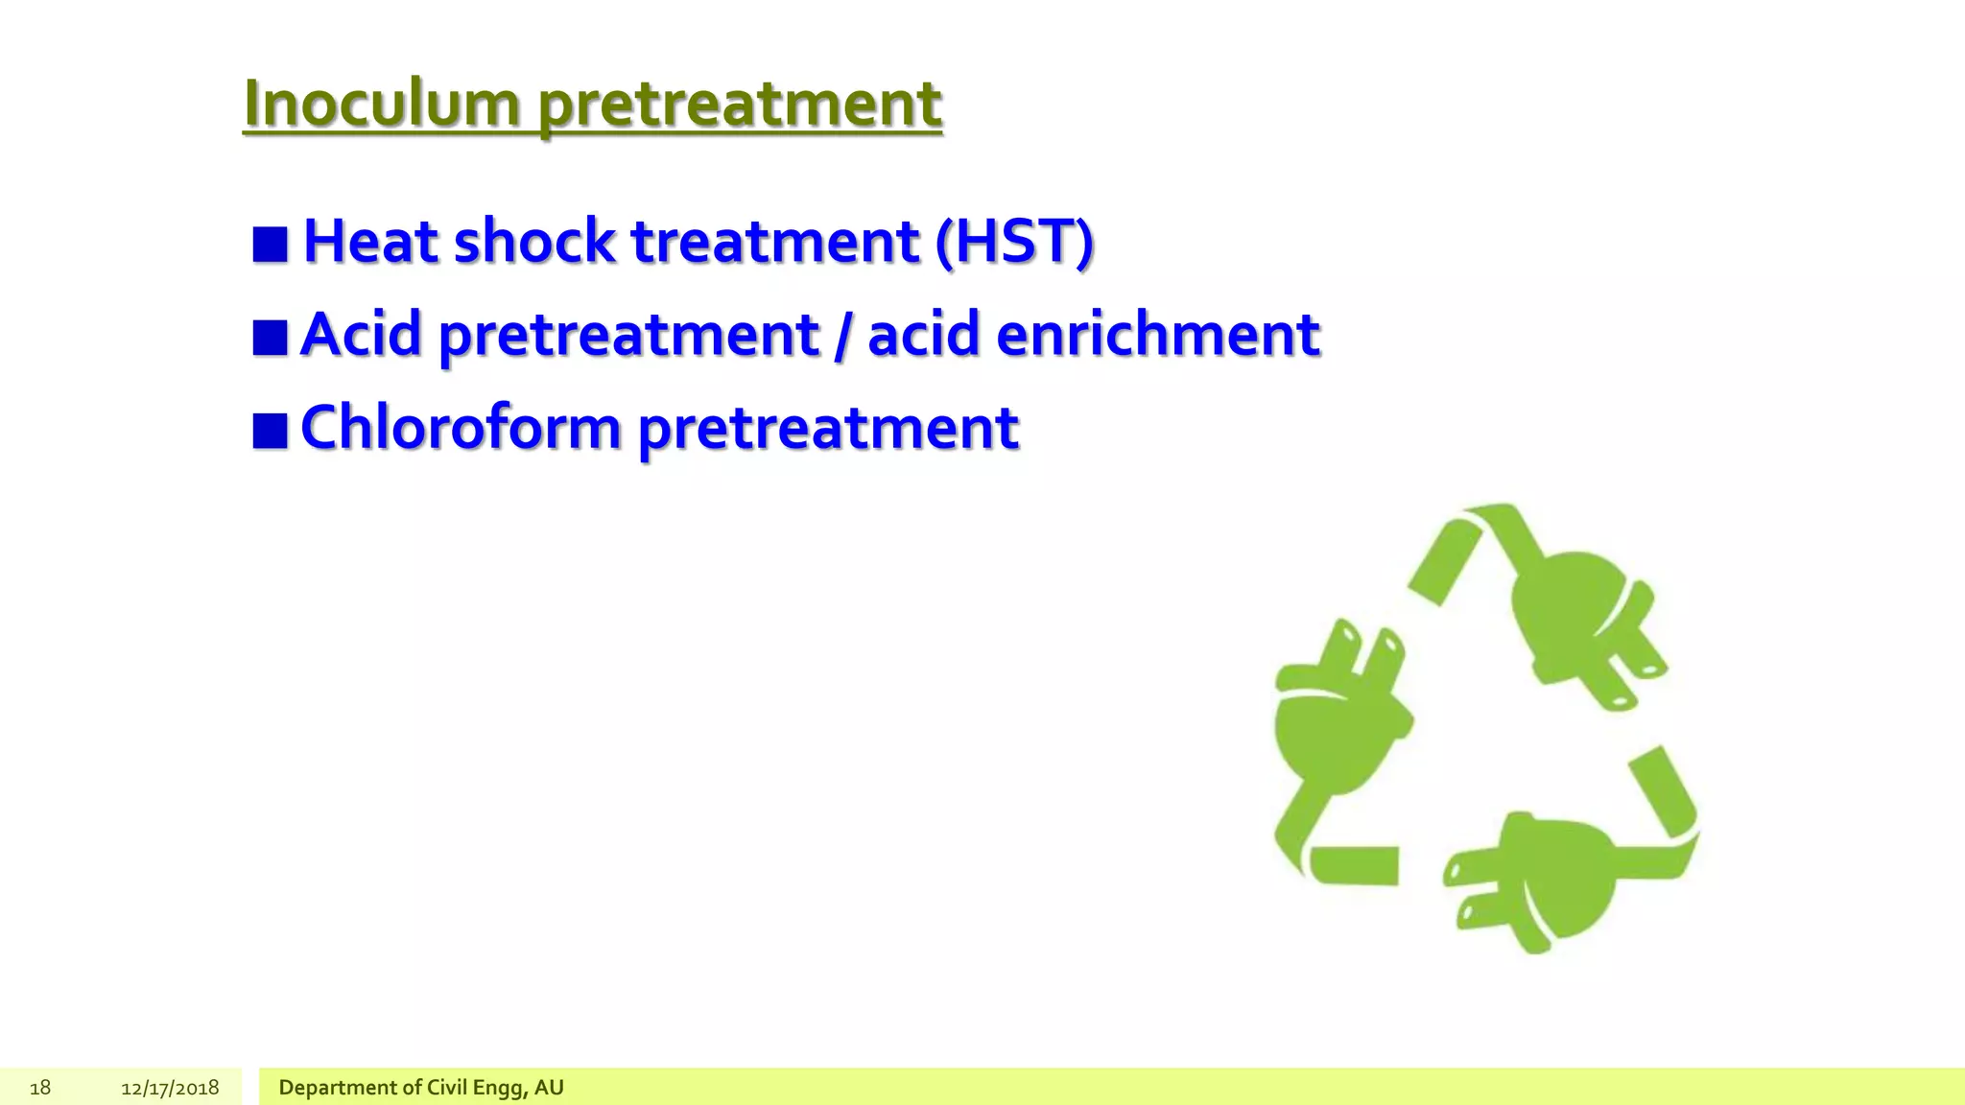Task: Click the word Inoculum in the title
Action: (x=382, y=103)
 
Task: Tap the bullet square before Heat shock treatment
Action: (x=270, y=245)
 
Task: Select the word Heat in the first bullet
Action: (x=370, y=241)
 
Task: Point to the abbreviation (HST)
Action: (x=1014, y=241)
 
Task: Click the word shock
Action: (x=533, y=241)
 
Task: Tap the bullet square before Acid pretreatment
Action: (x=270, y=338)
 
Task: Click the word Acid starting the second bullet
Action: (x=361, y=335)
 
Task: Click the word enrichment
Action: (x=1157, y=335)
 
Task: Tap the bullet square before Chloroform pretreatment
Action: (x=270, y=431)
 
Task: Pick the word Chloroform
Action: (x=461, y=428)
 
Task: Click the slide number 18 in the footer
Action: (x=40, y=1088)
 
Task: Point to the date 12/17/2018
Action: (x=170, y=1088)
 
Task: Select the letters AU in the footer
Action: (x=549, y=1088)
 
